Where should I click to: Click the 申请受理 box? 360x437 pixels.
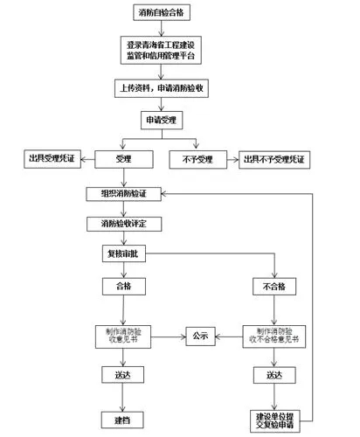point(162,119)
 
